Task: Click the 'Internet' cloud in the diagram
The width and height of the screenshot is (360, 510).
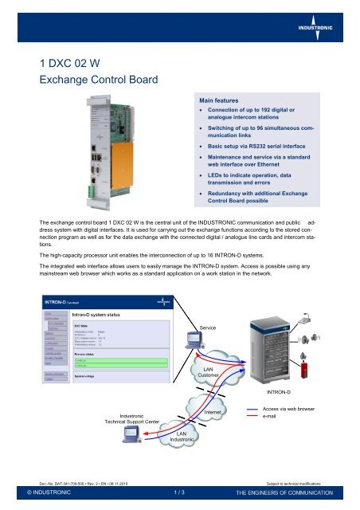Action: click(212, 411)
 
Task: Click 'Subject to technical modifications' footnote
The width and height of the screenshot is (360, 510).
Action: click(307, 481)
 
